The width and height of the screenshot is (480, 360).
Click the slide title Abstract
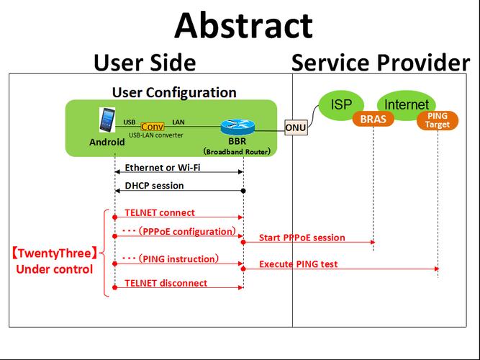243,25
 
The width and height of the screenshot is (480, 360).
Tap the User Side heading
144,63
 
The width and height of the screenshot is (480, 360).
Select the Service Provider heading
380,63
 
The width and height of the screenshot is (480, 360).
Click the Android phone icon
107,122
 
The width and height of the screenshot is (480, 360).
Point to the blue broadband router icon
234,127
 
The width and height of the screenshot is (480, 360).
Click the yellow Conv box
153,126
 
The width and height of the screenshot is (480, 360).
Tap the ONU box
295,127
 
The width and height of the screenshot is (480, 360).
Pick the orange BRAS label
373,120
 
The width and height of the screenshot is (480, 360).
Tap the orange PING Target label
437,120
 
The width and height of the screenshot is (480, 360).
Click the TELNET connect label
160,213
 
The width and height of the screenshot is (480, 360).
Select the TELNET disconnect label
166,283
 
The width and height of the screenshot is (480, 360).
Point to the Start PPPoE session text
302,238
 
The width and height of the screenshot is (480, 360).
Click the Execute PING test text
298,264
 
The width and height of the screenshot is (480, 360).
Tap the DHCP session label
154,186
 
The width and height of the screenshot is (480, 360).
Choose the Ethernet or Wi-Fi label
162,168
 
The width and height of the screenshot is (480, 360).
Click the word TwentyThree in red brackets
54,253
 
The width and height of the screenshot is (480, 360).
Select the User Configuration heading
174,93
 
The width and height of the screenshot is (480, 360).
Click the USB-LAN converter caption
155,135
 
